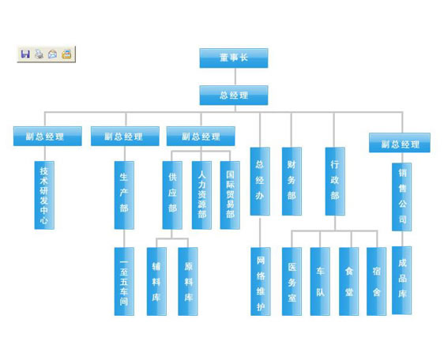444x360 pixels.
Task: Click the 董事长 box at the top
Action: (234, 58)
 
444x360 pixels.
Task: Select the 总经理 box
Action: (234, 96)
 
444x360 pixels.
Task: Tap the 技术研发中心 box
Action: (44, 195)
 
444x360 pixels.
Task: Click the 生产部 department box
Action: (124, 195)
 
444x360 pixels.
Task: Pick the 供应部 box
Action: (172, 195)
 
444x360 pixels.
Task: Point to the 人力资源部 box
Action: (201, 195)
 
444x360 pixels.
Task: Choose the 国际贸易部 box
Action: (230, 195)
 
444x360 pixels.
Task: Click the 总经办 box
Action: (260, 181)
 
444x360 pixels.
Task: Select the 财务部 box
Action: (292, 181)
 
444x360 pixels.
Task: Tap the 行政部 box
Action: (335, 181)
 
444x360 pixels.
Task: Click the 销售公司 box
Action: (402, 197)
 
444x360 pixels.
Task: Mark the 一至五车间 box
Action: (124, 281)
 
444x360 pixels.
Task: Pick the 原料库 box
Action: (188, 281)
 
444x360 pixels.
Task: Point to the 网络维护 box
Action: (261, 281)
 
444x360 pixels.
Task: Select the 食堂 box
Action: (349, 281)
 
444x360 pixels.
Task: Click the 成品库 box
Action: (402, 280)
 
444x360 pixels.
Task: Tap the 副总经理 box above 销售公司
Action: (400, 143)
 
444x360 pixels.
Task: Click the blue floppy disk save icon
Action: (25, 54)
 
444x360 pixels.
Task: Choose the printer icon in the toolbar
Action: (39, 54)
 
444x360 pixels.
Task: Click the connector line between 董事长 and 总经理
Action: (235, 77)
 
